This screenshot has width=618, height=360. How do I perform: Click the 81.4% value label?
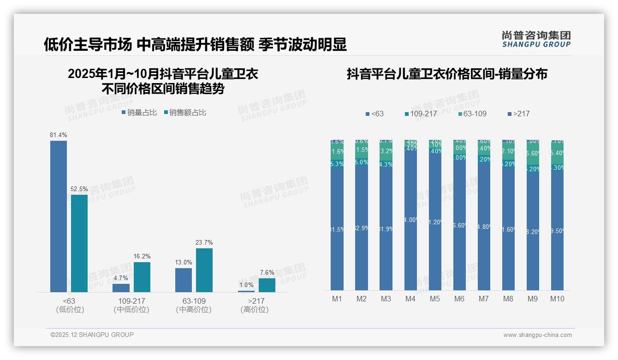(59, 135)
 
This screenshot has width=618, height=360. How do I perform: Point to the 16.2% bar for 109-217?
(142, 277)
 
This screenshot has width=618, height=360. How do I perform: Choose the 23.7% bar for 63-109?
(204, 270)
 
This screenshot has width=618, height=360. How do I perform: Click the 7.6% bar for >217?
(267, 285)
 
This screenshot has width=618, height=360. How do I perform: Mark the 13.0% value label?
(184, 263)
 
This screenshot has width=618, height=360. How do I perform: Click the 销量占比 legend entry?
(139, 112)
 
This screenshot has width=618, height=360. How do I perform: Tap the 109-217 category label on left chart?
(131, 301)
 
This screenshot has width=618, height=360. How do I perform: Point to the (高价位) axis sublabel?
(254, 310)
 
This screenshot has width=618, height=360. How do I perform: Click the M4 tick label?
(410, 299)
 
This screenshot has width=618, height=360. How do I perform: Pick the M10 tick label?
(557, 299)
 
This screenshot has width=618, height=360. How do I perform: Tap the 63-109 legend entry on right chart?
(473, 114)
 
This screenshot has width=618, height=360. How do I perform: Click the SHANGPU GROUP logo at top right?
(536, 39)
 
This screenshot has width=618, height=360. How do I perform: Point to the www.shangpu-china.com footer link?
(537, 335)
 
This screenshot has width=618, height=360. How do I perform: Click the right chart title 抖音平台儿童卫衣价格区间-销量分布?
(447, 74)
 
